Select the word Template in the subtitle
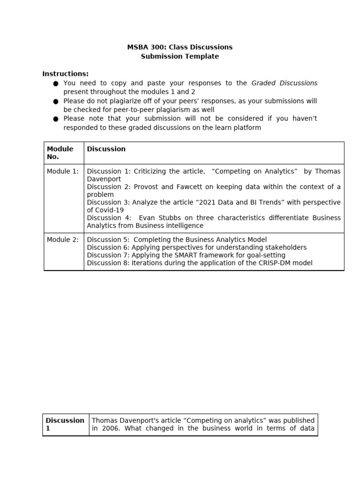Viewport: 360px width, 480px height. click(x=202, y=57)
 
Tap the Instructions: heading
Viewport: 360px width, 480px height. click(x=65, y=74)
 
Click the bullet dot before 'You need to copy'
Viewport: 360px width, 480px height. click(x=55, y=83)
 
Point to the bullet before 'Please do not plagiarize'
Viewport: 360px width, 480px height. click(x=55, y=101)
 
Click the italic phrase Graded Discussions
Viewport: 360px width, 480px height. click(x=284, y=83)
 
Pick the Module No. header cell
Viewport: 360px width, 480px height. click(x=60, y=153)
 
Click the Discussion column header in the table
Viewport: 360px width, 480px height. click(x=106, y=149)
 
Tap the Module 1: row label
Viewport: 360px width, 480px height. click(x=63, y=172)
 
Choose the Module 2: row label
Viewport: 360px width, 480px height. click(x=63, y=240)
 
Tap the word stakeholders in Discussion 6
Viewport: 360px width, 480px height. click(x=286, y=247)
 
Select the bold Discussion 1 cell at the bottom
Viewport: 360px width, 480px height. click(x=65, y=424)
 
